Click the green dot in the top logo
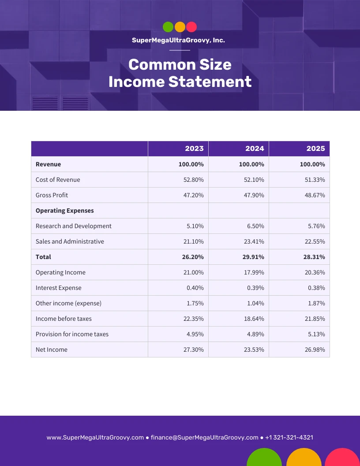(168, 27)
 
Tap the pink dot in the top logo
(191, 27)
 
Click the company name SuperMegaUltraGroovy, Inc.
(178, 40)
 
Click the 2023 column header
(194, 149)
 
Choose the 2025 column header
(315, 149)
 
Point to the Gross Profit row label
(52, 195)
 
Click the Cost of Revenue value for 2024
(254, 180)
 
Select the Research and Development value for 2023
(195, 226)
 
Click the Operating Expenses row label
(65, 210)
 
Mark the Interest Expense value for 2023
(195, 288)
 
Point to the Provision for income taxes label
(72, 334)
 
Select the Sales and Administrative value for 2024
(254, 241)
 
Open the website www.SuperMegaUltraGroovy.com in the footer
(95, 438)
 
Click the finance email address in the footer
(204, 438)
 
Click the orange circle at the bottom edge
(304, 458)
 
